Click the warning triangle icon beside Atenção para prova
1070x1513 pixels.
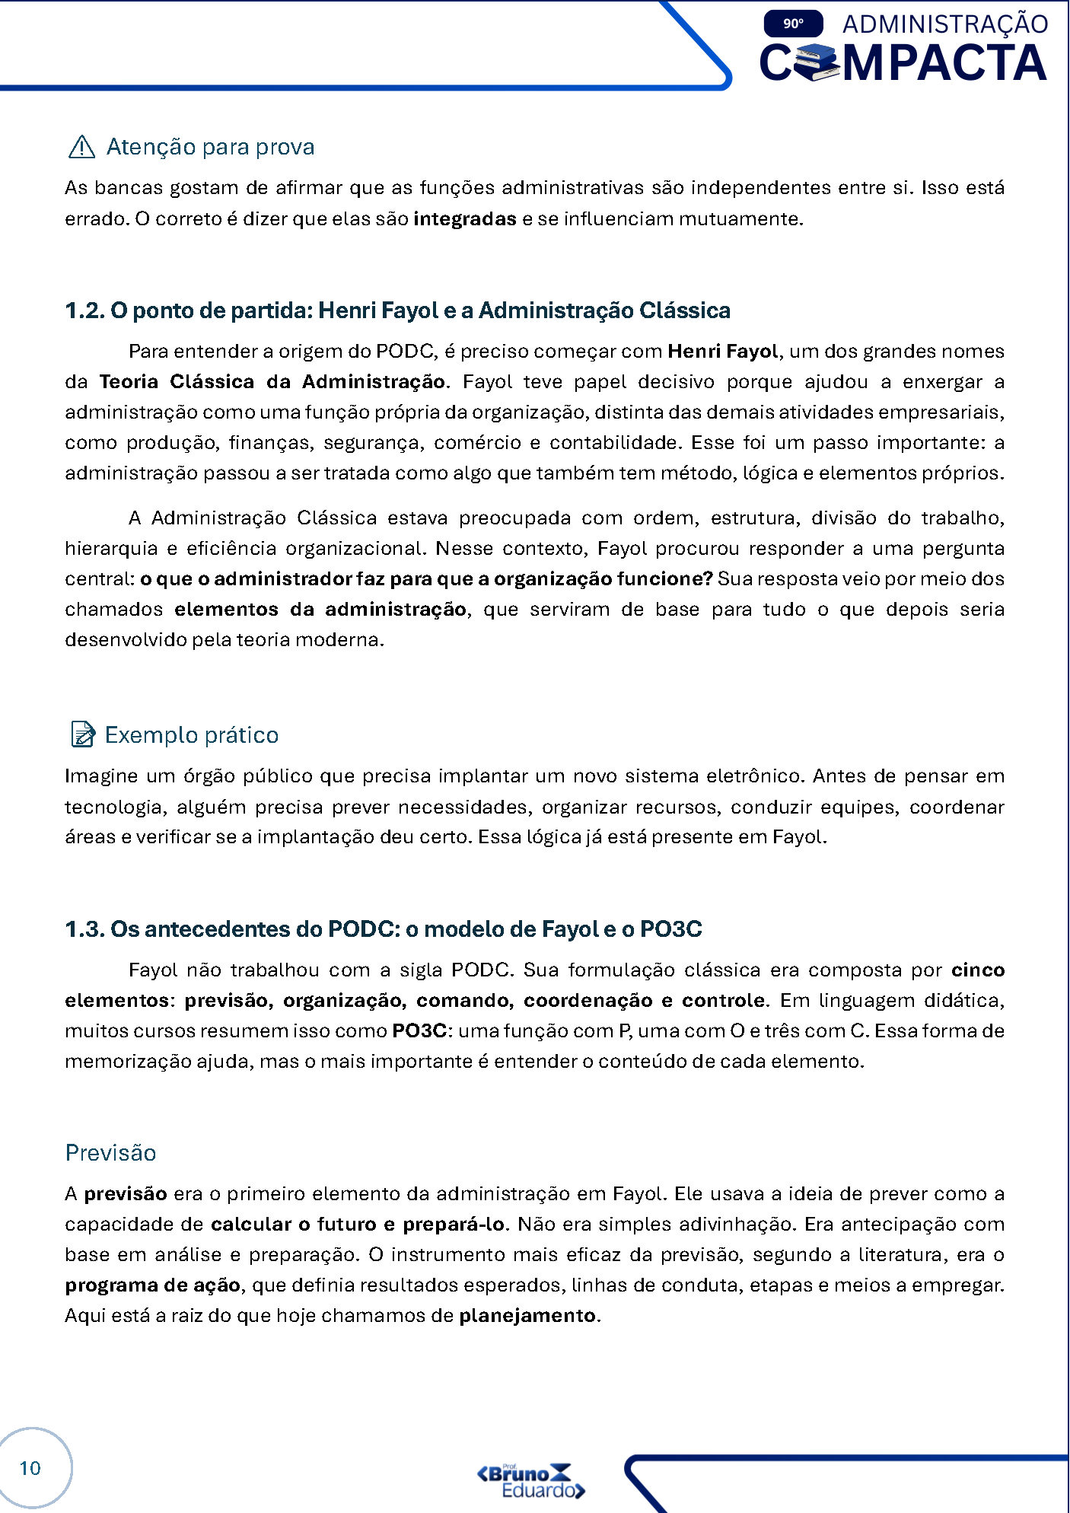81,146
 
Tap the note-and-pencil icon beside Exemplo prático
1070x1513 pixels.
82,734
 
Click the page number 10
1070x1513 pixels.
30,1468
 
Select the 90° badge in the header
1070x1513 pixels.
793,24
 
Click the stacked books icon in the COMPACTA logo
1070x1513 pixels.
816,62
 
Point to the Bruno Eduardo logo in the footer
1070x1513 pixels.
530,1481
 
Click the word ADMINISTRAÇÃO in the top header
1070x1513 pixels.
945,24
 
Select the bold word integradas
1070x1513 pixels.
465,219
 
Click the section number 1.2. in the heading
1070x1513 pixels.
85,311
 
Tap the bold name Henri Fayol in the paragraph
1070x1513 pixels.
722,352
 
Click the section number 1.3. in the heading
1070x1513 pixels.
85,929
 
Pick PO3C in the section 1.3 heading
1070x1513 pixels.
670,929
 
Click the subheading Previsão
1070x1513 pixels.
110,1153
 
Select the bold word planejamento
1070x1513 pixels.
527,1316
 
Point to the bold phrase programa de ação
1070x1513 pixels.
153,1285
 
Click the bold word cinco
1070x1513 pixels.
978,970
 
